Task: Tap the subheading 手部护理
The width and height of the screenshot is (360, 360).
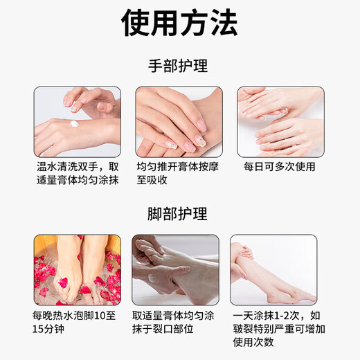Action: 179,66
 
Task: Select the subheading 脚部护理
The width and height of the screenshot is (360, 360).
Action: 179,214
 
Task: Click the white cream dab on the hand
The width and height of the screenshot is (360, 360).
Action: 74,124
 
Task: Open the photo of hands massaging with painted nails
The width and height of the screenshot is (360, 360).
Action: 179,121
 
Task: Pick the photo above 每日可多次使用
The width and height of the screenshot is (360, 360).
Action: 280,121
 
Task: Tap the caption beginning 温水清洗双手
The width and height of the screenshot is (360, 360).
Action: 77,173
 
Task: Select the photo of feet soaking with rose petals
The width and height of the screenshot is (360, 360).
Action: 77,269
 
